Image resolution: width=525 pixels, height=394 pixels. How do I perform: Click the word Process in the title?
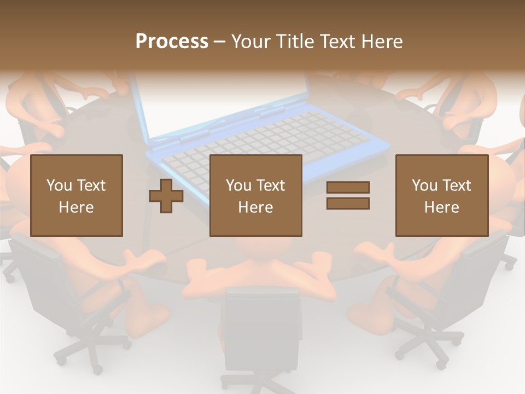172,42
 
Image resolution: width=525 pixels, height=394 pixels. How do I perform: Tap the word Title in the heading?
295,42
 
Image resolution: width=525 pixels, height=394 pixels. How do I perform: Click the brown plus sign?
166,196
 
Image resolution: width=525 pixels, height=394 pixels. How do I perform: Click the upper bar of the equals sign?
348,188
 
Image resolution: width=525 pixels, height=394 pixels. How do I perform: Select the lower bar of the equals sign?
348,203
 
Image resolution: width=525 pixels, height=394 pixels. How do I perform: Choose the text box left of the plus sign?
77,195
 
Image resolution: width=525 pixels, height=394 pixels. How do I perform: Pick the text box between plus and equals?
256,195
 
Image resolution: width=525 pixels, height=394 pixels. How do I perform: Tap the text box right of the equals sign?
442,195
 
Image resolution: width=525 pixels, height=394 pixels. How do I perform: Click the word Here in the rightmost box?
442,207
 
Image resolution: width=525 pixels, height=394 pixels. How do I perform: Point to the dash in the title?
220,42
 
